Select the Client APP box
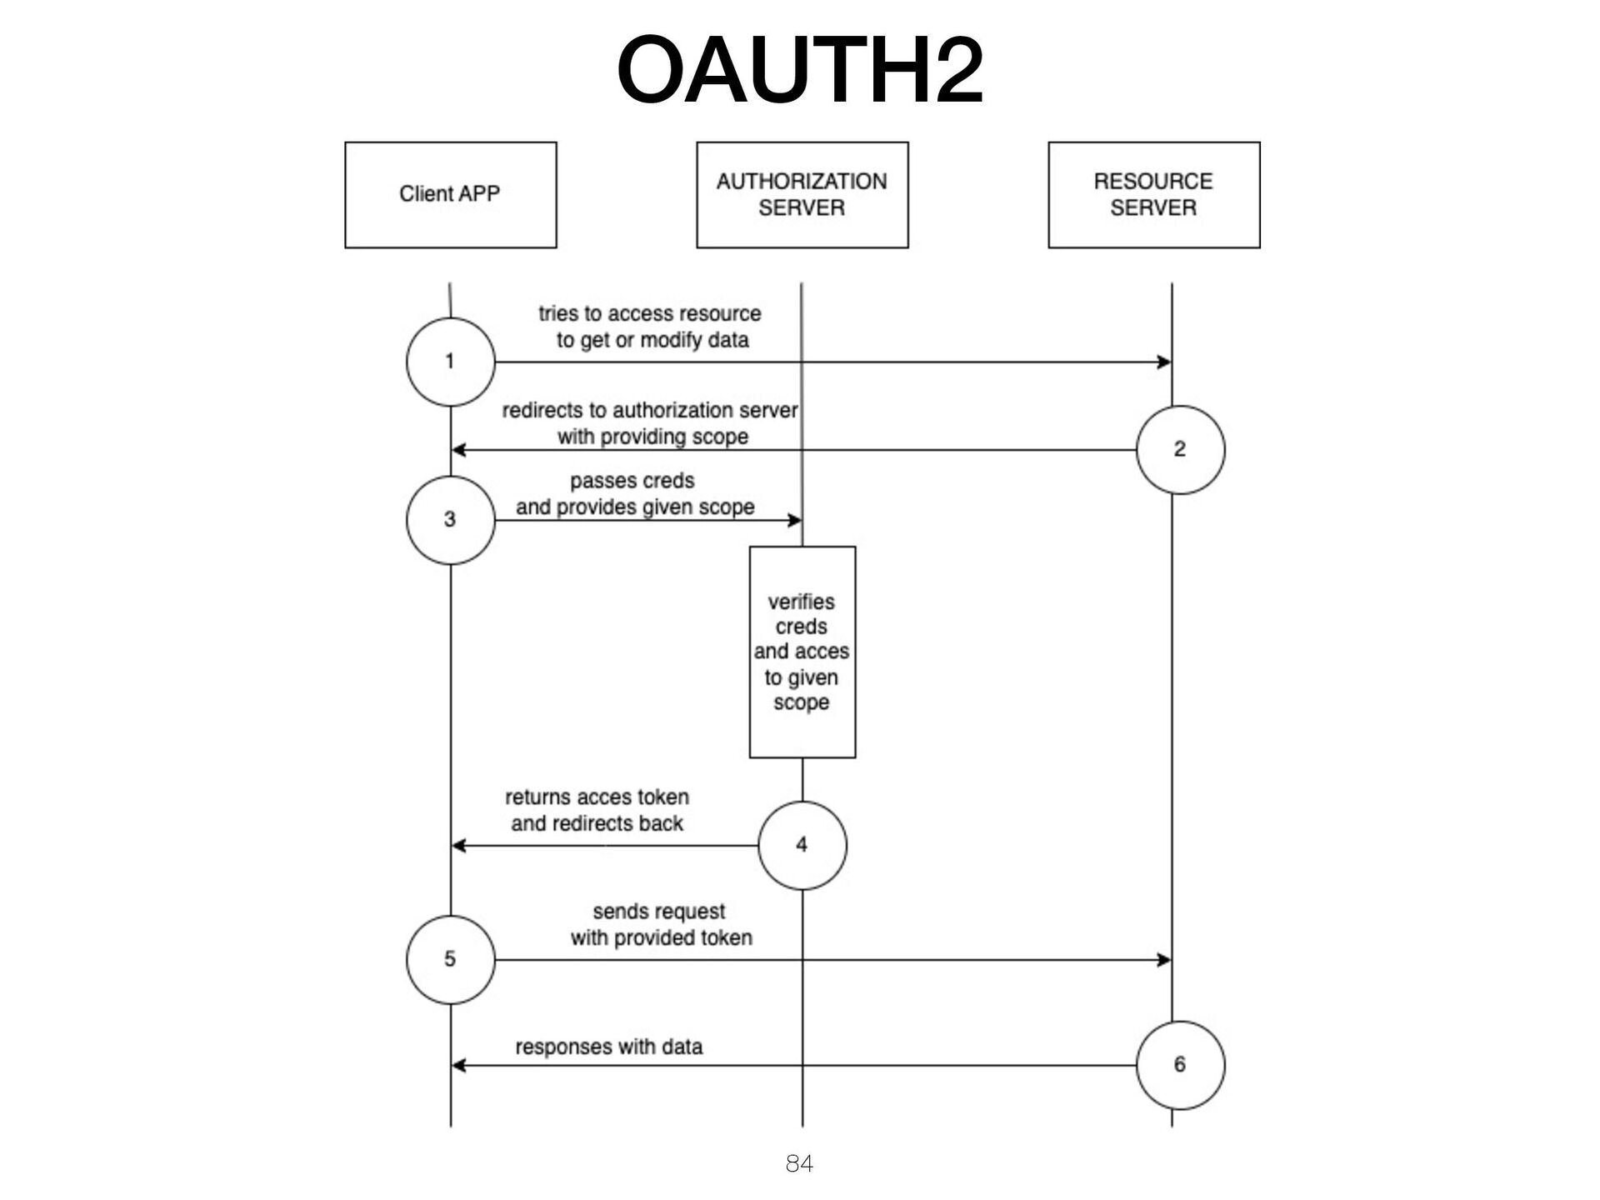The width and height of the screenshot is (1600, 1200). point(450,194)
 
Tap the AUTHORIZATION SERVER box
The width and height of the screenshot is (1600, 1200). point(802,194)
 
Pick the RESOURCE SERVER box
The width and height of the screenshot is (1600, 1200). point(1153,194)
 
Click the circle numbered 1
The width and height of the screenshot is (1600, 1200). point(450,362)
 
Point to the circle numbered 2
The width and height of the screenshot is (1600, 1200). point(1180,450)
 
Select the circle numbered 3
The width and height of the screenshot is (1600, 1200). point(450,520)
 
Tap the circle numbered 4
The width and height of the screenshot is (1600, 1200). point(802,845)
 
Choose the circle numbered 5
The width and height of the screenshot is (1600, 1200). point(450,959)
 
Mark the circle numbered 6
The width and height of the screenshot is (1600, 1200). point(1180,1065)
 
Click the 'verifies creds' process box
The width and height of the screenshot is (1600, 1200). point(802,652)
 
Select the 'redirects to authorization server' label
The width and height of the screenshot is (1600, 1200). point(650,411)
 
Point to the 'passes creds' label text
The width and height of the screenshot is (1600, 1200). point(632,482)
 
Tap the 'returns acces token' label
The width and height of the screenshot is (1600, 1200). point(597,797)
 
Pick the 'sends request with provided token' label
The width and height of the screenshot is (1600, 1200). point(660,925)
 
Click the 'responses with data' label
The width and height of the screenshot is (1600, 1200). point(608,1047)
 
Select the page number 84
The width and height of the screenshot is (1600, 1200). point(799,1163)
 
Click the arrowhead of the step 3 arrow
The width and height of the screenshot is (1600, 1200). point(795,520)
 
